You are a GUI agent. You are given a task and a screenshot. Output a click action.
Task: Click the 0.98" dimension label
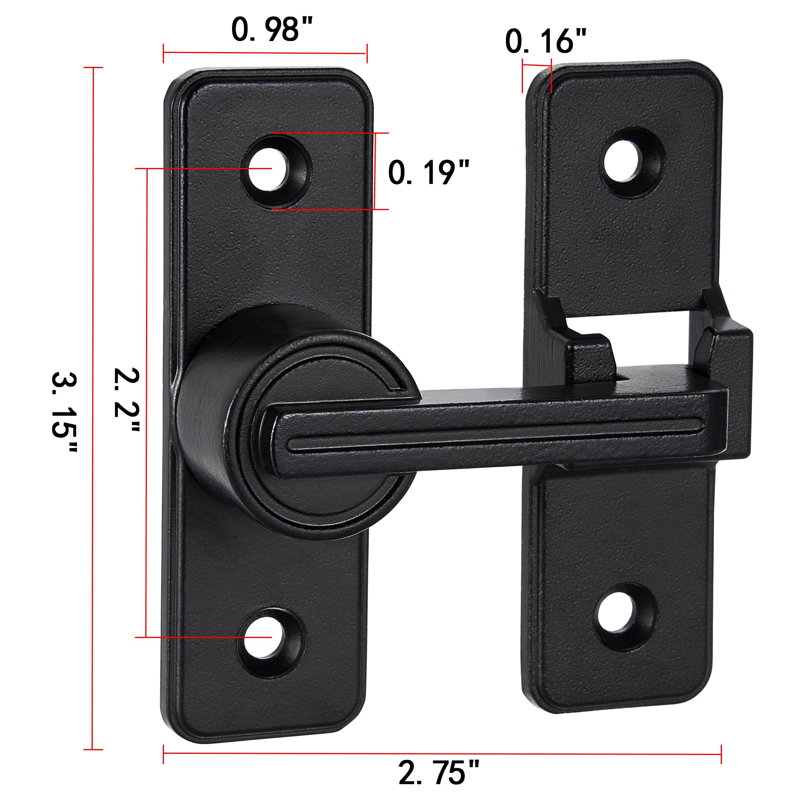pos(272,30)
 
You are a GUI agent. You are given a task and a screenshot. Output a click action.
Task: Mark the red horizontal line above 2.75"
pos(442,742)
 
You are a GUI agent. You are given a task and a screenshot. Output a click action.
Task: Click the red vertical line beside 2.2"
pos(146,404)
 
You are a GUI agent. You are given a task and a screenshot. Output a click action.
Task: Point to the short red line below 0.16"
pos(537,64)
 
